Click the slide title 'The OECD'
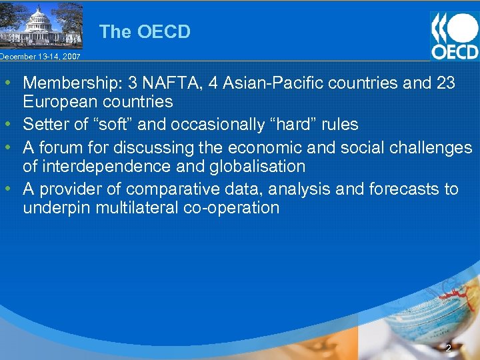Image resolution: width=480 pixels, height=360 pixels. [x=145, y=31]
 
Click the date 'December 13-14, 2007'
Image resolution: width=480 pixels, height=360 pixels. [x=40, y=57]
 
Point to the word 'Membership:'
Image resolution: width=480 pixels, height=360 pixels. [x=69, y=83]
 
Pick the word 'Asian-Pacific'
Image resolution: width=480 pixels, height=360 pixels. [x=267, y=83]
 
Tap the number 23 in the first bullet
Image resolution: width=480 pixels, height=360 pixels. [x=445, y=83]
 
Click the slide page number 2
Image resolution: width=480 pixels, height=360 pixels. [x=449, y=348]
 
